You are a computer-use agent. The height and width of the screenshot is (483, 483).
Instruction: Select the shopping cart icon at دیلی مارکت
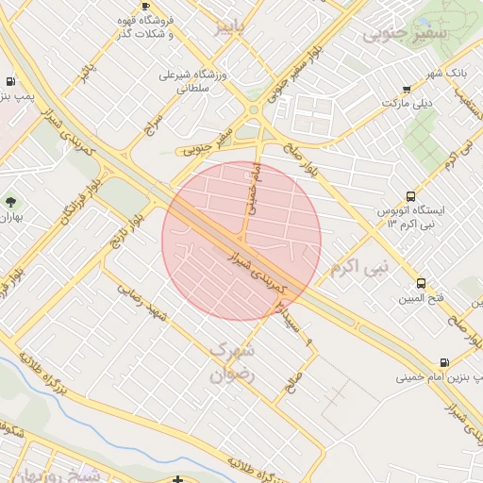click(407, 90)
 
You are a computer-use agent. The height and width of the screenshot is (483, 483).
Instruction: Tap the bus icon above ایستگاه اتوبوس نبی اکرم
click(410, 196)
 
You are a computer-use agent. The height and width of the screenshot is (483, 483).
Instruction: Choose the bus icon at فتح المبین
click(421, 283)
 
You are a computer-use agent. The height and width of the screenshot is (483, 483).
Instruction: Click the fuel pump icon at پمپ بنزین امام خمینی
click(443, 361)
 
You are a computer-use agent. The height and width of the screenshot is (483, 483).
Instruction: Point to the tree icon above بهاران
click(10, 202)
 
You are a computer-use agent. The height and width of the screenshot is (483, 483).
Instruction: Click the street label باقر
click(89, 71)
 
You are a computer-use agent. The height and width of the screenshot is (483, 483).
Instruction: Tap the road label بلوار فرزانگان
click(56, 200)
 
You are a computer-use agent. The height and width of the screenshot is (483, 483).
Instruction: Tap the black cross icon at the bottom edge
click(180, 479)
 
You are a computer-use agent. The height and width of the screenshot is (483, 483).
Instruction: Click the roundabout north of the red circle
click(256, 109)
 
